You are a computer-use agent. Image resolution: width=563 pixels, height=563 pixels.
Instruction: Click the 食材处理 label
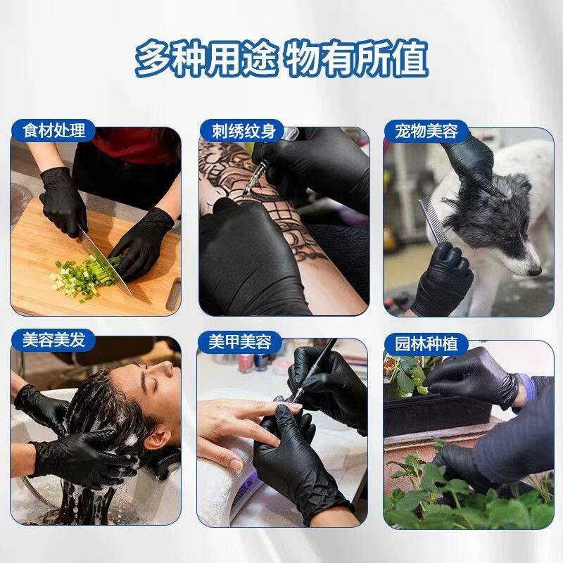pos(54,131)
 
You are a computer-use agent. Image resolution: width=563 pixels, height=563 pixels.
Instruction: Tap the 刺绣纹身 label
pos(243,131)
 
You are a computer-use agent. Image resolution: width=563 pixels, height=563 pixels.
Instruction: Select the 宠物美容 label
pos(426,131)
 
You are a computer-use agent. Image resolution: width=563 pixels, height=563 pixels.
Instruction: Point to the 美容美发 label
pos(54,340)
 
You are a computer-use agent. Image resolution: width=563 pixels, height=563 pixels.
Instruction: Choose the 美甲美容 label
pos(240,341)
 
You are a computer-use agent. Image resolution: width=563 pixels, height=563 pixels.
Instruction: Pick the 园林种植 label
pos(426,343)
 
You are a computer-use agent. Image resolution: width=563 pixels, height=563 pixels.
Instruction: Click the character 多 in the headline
pos(153,58)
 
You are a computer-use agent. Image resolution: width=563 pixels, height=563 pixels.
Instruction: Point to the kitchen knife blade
pos(106,262)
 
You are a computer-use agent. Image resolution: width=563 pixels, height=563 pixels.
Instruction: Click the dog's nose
pos(535,271)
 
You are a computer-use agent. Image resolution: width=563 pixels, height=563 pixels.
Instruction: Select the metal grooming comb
pos(433,222)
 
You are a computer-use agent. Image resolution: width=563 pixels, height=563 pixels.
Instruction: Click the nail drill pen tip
pos(294,400)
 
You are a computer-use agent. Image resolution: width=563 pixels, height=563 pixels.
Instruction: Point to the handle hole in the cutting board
pos(174,294)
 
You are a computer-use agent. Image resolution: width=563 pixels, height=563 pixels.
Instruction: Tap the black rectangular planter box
pos(438,412)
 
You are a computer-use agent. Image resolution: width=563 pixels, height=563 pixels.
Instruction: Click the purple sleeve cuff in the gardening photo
pos(526,386)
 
